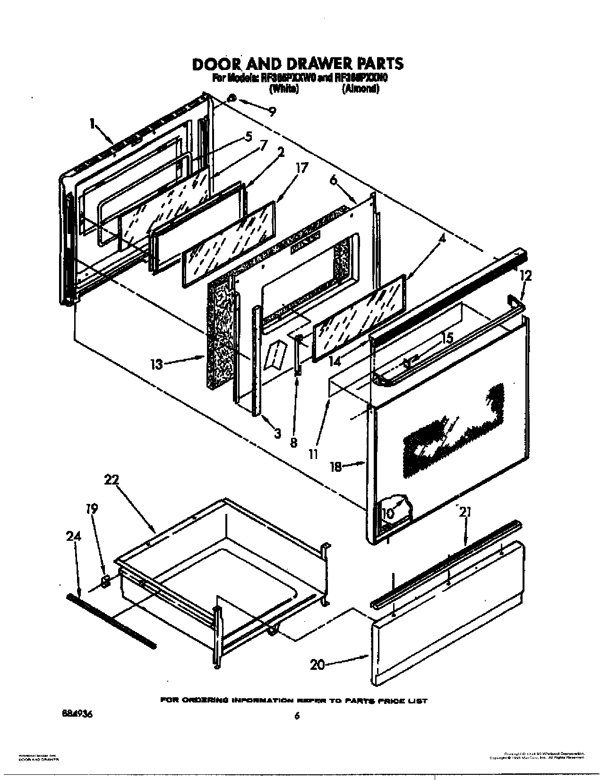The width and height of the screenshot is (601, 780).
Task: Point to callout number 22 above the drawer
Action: [x=112, y=480]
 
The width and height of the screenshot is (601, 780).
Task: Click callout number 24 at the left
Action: [x=74, y=537]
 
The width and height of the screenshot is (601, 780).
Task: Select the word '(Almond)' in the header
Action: [x=361, y=89]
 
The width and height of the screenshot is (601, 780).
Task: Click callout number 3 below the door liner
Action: [x=277, y=433]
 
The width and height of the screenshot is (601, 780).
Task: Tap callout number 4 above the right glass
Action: [x=442, y=239]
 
